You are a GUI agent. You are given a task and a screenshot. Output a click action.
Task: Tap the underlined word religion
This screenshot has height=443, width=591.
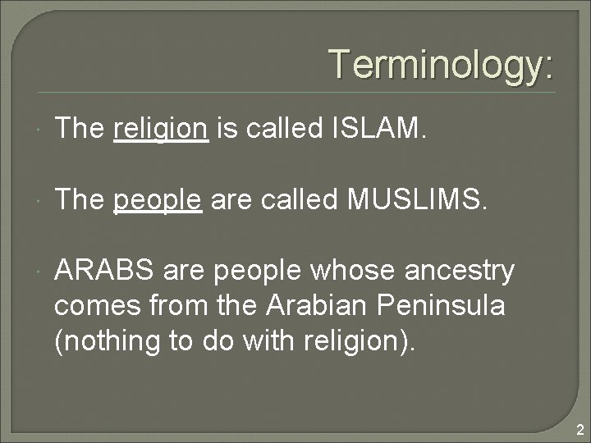click(161, 129)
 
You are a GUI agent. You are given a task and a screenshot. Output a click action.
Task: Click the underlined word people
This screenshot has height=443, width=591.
click(158, 199)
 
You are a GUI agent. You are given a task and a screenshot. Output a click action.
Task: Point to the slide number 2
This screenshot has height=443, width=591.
click(580, 429)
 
